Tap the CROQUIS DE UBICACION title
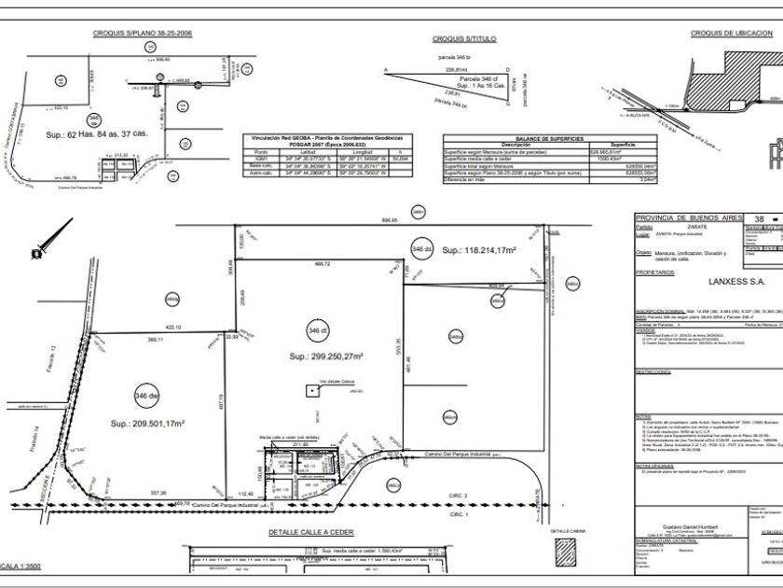coord(732,33)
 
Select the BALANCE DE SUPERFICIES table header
coord(550,137)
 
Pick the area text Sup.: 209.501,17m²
coord(146,424)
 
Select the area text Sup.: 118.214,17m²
coord(479,250)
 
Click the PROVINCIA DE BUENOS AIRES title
coord(687,217)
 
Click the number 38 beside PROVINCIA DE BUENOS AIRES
coord(759,217)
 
